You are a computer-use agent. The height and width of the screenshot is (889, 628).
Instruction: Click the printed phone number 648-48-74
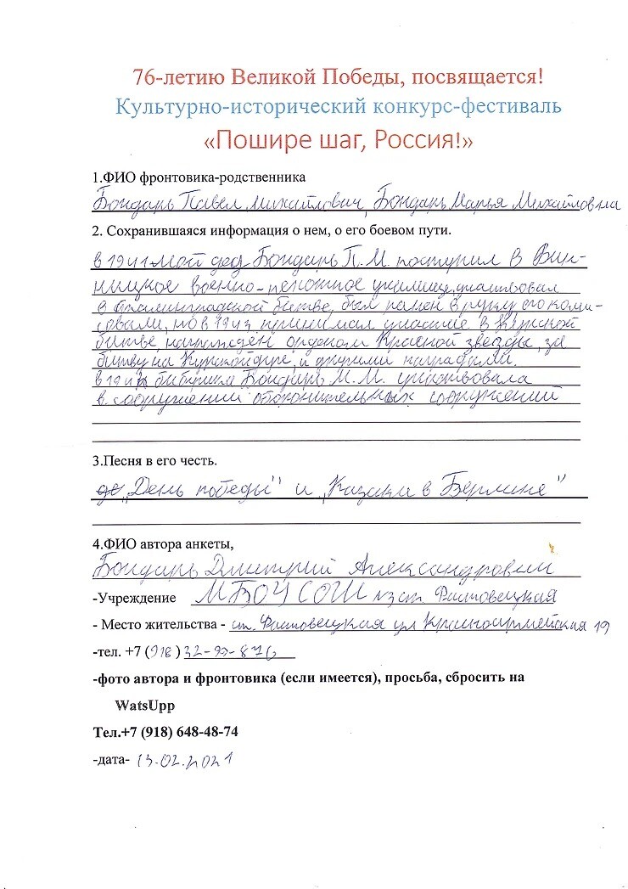(x=201, y=731)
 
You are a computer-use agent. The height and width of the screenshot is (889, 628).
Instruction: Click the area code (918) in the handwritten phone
(x=160, y=653)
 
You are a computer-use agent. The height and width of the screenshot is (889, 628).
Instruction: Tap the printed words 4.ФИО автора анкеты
(x=162, y=544)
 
